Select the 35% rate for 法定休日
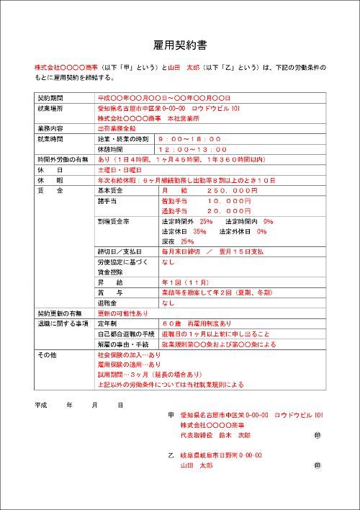[199, 231]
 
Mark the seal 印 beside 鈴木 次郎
[317, 437]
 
